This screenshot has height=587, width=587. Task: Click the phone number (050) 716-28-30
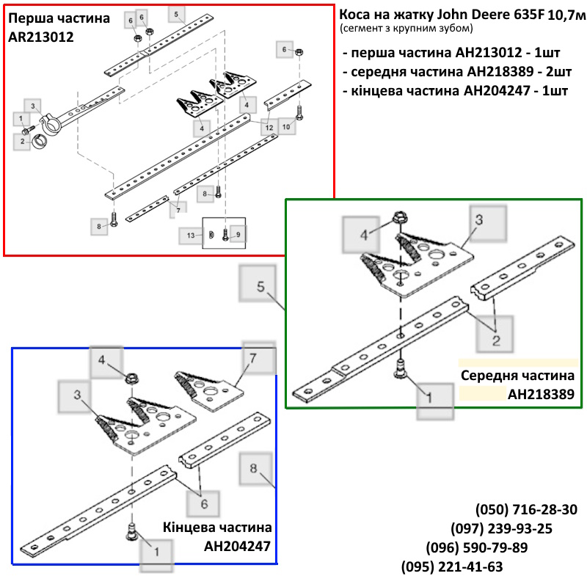(x=526, y=509)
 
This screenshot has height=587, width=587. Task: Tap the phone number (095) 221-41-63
(x=452, y=566)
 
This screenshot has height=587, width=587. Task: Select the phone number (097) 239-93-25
(x=501, y=528)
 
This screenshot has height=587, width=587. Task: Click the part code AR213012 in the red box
(x=41, y=37)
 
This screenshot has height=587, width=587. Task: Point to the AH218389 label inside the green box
(x=541, y=394)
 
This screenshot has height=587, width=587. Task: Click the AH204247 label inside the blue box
(x=237, y=546)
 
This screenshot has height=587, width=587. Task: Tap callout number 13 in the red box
(x=191, y=236)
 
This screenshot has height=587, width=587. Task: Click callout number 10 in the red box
(x=286, y=127)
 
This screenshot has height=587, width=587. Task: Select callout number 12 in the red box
(x=269, y=128)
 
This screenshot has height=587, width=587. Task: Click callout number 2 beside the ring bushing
(x=23, y=141)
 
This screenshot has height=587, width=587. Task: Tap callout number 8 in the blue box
(x=253, y=468)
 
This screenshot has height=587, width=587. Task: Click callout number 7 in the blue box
(x=253, y=358)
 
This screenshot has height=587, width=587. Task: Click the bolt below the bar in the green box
(x=401, y=369)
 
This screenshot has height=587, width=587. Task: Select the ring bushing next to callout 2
(x=40, y=142)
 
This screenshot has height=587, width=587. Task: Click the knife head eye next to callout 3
(x=50, y=124)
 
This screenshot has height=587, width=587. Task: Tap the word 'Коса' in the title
(x=354, y=14)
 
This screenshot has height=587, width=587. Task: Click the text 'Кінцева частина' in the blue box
(x=217, y=527)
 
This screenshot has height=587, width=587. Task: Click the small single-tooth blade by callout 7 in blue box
(x=208, y=390)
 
